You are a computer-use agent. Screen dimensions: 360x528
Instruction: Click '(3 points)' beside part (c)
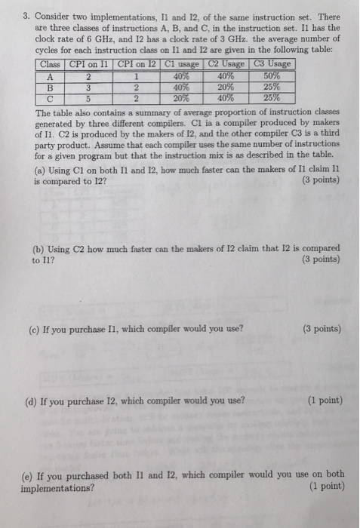pos(321,329)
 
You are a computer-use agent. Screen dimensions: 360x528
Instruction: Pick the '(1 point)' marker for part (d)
pos(323,400)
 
